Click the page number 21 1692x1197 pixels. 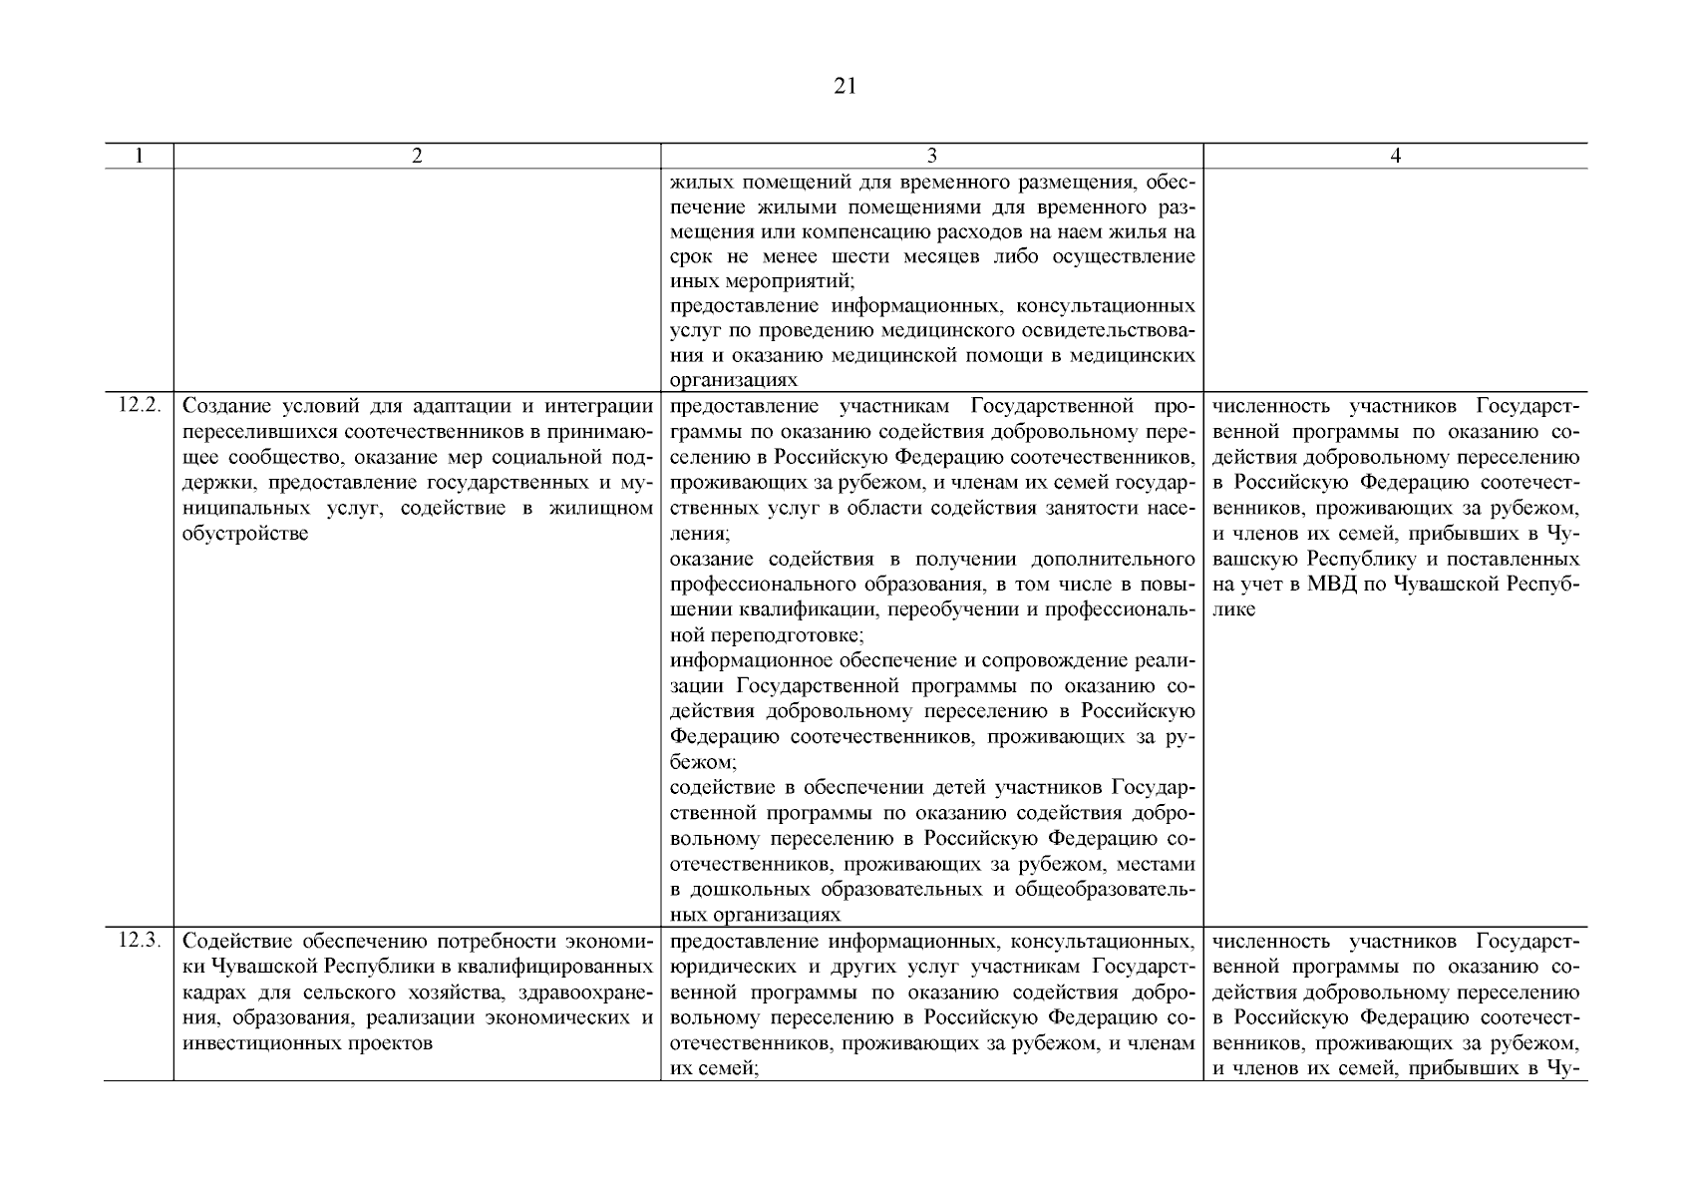pos(845,87)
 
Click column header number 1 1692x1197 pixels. pos(139,156)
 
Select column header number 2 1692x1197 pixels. pos(417,156)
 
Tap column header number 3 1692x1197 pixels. pos(931,156)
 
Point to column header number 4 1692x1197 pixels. pos(1395,156)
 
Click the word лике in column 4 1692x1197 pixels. pos(1234,609)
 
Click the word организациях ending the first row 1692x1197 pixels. pos(734,381)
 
